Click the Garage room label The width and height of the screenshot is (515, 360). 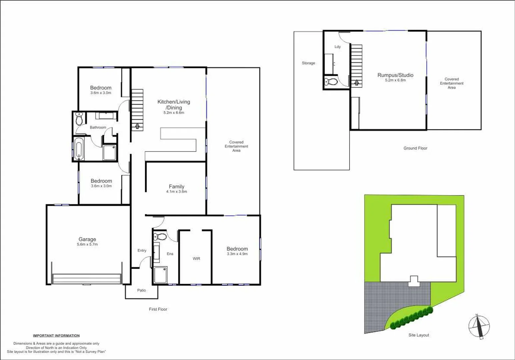point(87,239)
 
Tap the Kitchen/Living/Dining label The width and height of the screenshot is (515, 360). point(174,105)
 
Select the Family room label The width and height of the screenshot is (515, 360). point(176,187)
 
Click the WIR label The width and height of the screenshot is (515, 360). point(196,259)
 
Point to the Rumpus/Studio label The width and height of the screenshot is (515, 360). point(395,75)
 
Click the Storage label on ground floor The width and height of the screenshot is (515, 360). point(308,63)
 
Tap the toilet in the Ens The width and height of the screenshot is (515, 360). point(160,237)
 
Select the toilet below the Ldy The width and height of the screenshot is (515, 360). point(331,82)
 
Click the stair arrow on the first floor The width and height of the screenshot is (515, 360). point(137,126)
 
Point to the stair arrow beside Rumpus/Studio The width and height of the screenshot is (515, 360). point(357,82)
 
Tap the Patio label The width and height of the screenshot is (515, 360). point(141,290)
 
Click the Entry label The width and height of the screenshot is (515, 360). point(142,250)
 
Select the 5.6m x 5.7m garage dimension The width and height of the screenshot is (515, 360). point(87,244)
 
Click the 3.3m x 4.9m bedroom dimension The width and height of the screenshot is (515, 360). point(237,254)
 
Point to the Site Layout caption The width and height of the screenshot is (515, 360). point(419,335)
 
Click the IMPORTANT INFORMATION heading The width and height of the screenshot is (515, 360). point(56,336)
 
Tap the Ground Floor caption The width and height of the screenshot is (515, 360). point(415,148)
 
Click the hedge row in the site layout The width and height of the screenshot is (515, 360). point(412,318)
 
